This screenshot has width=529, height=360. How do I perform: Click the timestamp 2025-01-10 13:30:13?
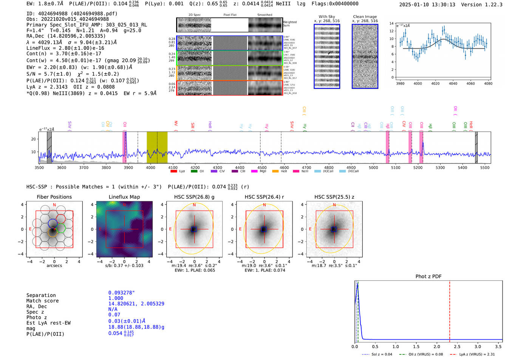tap(427, 5)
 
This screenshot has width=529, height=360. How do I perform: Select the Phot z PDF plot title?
tap(428, 276)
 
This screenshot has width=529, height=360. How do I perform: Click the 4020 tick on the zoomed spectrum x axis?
tap(435, 83)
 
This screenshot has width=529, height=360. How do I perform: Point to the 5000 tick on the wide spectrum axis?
tap(373, 167)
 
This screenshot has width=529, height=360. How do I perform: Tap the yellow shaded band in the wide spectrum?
tap(157, 147)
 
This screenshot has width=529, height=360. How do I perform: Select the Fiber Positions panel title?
tap(54, 197)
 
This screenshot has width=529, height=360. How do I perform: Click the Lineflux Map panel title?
tap(124, 197)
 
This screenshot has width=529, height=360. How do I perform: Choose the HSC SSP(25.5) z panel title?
tap(334, 197)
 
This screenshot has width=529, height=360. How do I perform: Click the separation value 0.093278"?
tap(121, 293)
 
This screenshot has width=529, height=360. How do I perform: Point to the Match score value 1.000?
tap(116, 298)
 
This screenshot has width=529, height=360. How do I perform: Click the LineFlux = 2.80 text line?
tap(65, 48)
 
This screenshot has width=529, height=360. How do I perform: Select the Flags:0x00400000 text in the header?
tap(335, 3)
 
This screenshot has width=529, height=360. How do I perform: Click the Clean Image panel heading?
tap(365, 17)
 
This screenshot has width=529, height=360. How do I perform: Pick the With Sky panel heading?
tap(326, 17)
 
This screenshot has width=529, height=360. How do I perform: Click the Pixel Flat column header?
tap(230, 15)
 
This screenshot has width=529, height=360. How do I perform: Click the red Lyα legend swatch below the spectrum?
tap(174, 171)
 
